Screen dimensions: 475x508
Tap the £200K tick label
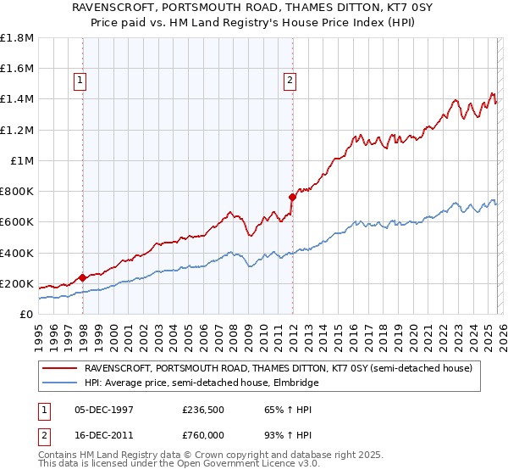point(17,283)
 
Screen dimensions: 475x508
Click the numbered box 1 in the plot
point(80,81)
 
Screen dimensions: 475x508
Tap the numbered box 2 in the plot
point(290,81)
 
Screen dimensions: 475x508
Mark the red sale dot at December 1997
point(82,277)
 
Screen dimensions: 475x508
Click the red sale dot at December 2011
point(292,197)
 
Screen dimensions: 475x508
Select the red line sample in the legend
point(60,368)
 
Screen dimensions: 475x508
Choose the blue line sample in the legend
point(60,383)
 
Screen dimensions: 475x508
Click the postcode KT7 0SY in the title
point(371,8)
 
